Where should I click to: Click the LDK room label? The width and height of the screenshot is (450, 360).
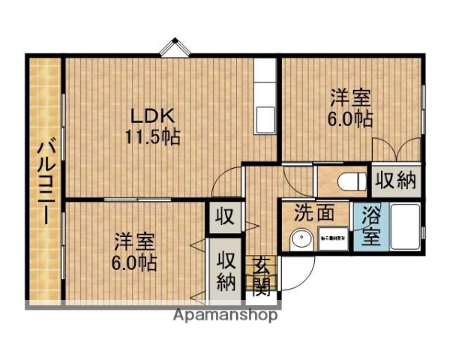pyautogui.click(x=153, y=116)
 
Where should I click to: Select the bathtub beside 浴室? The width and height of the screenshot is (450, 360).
pyautogui.click(x=401, y=227)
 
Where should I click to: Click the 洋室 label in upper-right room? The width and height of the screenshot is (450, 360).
pyautogui.click(x=352, y=98)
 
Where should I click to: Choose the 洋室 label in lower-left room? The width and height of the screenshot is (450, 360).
pyautogui.click(x=135, y=242)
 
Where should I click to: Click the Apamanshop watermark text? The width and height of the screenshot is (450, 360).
pyautogui.click(x=225, y=315)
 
